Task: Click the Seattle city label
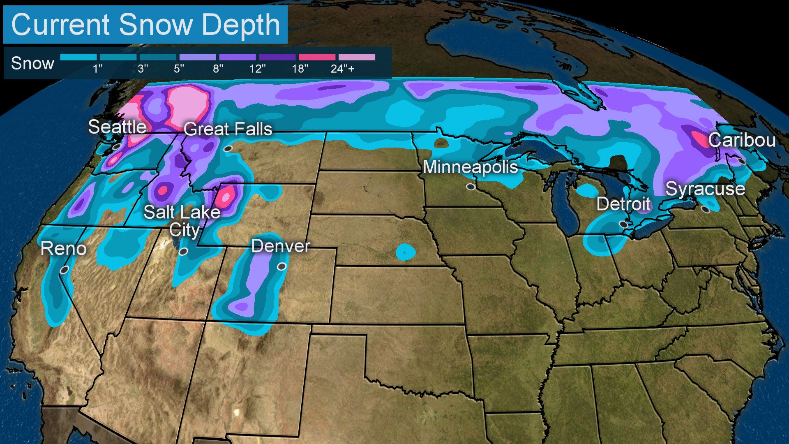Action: (118, 127)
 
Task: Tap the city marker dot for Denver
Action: (281, 267)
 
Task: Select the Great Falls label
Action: (228, 129)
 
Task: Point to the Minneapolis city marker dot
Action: (471, 187)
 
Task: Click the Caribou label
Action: (742, 141)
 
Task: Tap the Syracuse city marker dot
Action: (706, 210)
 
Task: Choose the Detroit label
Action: (623, 204)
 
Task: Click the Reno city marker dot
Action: (65, 270)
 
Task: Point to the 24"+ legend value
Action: (342, 69)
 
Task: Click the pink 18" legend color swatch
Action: (317, 57)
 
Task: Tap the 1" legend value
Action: (97, 69)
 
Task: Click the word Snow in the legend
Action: (32, 63)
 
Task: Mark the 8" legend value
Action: (218, 69)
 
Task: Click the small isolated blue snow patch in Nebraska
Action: (406, 252)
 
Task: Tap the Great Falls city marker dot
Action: (228, 149)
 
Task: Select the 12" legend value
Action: (257, 69)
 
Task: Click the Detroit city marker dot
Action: (623, 225)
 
